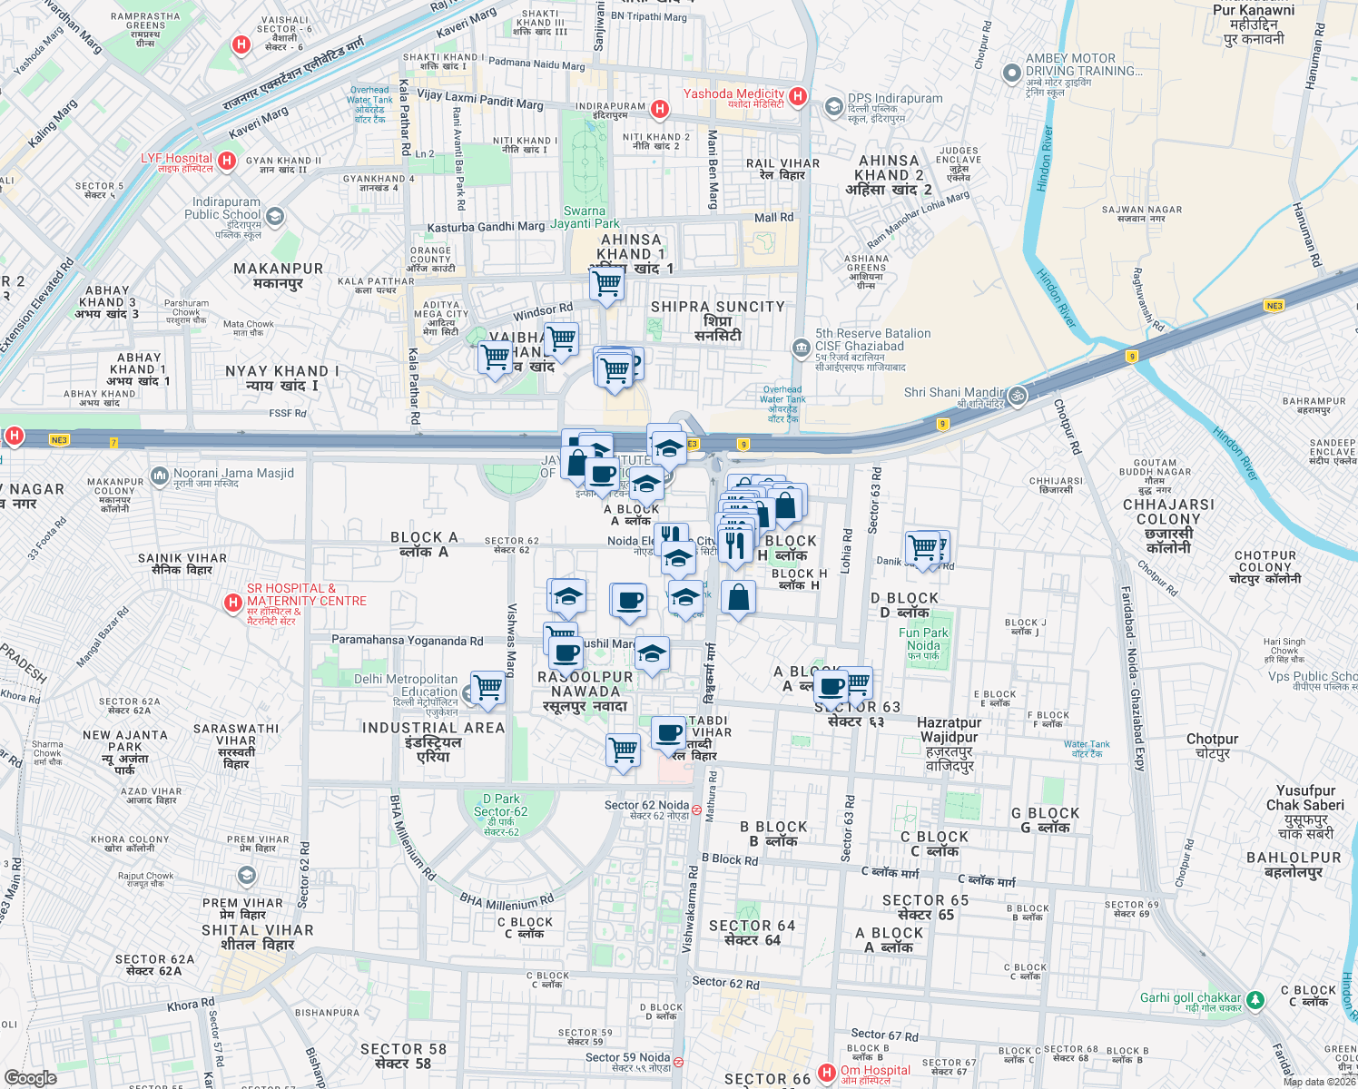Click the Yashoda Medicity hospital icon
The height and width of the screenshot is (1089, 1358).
[x=797, y=96]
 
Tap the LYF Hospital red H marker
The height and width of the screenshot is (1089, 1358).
[x=227, y=162]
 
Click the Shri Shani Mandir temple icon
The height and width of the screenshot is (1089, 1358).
[x=1018, y=395]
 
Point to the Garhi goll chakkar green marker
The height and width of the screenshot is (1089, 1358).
[x=1255, y=999]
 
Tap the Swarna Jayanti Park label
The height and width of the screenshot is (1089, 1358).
[x=585, y=217]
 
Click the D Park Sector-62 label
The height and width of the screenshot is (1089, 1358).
[x=500, y=806]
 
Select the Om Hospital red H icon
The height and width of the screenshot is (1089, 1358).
[x=826, y=1073]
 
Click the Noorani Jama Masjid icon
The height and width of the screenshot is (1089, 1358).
[x=161, y=475]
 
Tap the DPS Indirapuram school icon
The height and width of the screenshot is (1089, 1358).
[x=833, y=107]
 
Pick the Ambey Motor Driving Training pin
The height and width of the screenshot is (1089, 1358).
[x=1011, y=73]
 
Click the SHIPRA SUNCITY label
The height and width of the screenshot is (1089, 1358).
[x=717, y=307]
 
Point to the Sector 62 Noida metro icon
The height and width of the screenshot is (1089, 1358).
[x=696, y=809]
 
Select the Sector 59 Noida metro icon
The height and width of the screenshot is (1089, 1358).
[x=678, y=1061]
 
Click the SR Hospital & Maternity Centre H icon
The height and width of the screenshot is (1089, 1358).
[x=233, y=602]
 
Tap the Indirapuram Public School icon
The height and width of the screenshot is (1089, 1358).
[x=275, y=216]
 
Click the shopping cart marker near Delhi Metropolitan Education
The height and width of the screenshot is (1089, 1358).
[x=488, y=688]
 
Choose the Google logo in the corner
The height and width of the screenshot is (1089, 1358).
[x=31, y=1077]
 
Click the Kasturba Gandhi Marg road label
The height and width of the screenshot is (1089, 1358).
[x=486, y=227]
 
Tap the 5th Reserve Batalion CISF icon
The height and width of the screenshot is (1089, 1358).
[x=801, y=347]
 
